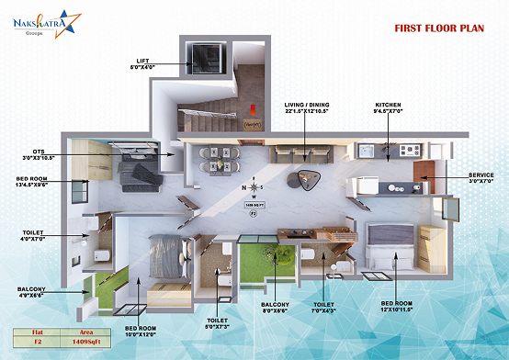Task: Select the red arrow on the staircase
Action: click(x=254, y=114)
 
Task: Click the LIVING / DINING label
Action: click(x=305, y=107)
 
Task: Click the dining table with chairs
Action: click(x=217, y=158)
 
